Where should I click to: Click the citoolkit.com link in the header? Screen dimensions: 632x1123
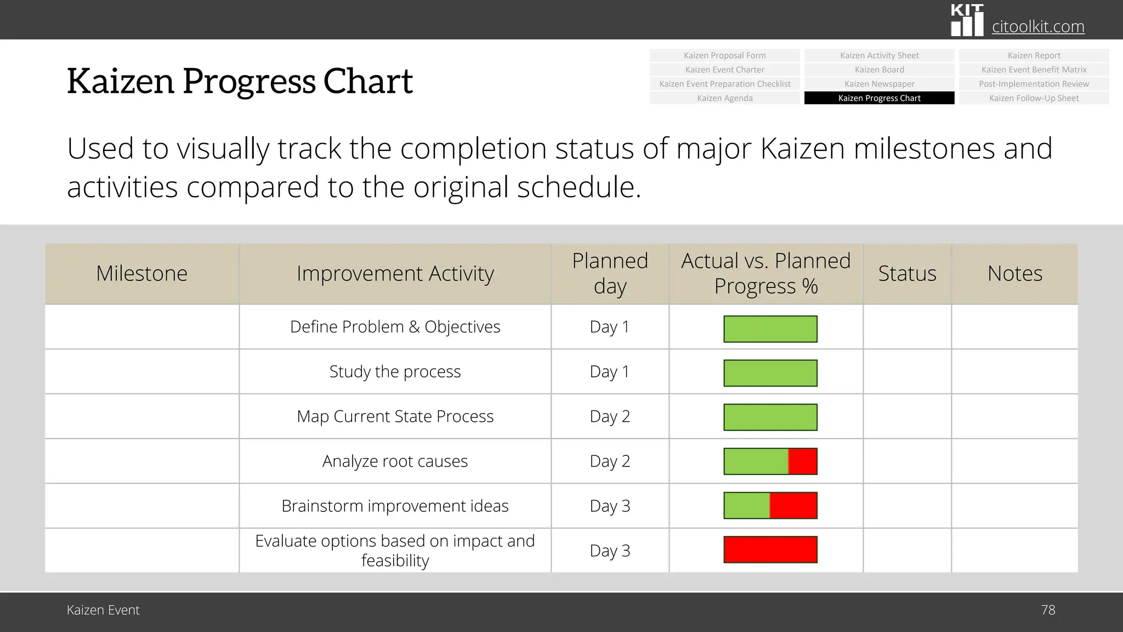(1037, 26)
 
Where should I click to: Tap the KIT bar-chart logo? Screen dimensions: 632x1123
(967, 21)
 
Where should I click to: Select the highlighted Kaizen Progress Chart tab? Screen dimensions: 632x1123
(879, 98)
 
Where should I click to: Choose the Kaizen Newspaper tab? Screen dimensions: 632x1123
(879, 84)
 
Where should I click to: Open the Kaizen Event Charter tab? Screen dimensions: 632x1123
(724, 70)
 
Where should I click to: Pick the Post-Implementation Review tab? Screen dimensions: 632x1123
(1034, 84)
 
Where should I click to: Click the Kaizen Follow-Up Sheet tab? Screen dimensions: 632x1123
(1034, 98)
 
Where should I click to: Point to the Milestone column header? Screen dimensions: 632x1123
(141, 273)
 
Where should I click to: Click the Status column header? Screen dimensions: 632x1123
(907, 273)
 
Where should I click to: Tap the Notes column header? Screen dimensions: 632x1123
(1014, 273)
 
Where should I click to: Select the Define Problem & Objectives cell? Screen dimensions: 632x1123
(395, 327)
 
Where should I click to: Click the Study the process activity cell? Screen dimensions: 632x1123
(395, 372)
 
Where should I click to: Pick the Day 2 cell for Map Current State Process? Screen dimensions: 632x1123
(610, 416)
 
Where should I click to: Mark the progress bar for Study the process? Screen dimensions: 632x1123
(770, 373)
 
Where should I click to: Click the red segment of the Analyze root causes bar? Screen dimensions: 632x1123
(803, 461)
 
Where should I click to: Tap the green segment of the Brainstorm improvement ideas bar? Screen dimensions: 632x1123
(747, 506)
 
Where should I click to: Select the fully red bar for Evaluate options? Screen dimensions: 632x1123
(770, 550)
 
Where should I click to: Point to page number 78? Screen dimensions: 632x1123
(1048, 610)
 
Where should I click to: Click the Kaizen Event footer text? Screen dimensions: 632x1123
(103, 610)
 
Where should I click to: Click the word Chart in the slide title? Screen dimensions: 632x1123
(367, 81)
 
